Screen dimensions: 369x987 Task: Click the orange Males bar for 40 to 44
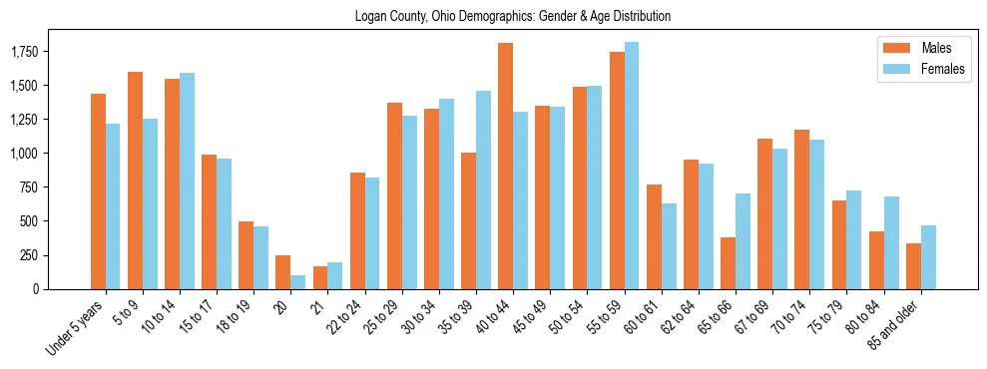tap(506, 166)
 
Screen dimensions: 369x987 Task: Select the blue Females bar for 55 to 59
tap(632, 166)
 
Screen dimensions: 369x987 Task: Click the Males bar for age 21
tap(320, 277)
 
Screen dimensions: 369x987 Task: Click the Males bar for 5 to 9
tap(135, 181)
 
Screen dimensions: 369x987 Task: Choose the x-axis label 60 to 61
tap(645, 317)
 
